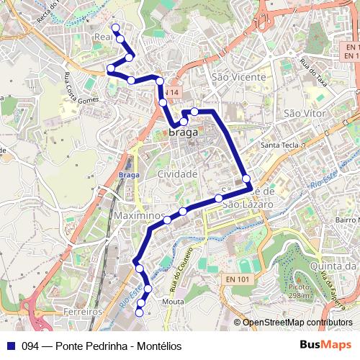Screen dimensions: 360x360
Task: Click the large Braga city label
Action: tap(185, 132)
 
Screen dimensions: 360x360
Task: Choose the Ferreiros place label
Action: tap(81, 312)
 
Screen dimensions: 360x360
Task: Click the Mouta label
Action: tap(174, 302)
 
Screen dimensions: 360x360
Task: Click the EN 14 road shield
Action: tap(169, 93)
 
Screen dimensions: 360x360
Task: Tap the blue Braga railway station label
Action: tap(128, 175)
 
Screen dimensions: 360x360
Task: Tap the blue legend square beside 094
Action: tap(10, 346)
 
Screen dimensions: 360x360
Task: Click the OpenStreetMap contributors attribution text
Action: tap(297, 323)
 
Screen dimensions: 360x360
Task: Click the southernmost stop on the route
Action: tap(140, 312)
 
